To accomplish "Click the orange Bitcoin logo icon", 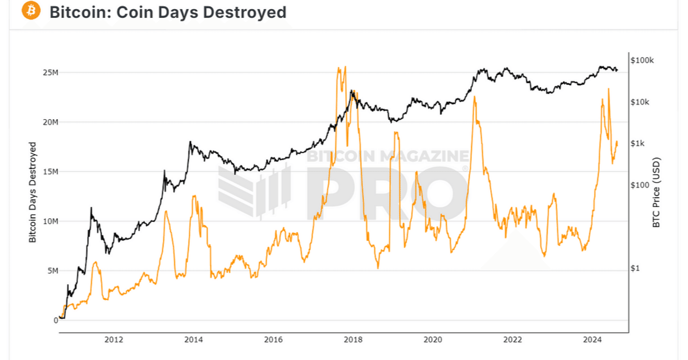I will tap(32, 11).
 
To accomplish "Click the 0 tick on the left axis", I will tap(55, 320).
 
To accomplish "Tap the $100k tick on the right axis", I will tap(642, 60).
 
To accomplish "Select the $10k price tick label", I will tap(640, 102).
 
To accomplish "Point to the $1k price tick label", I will tap(638, 143).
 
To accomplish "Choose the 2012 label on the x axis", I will tap(113, 339).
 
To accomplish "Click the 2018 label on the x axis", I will tap(353, 339).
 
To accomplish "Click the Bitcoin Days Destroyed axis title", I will tap(33, 192).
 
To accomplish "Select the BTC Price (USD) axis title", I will tap(656, 192).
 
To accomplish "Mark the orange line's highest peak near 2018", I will tap(345, 67).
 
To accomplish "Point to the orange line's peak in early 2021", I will tap(475, 97).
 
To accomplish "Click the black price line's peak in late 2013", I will tap(190, 142).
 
